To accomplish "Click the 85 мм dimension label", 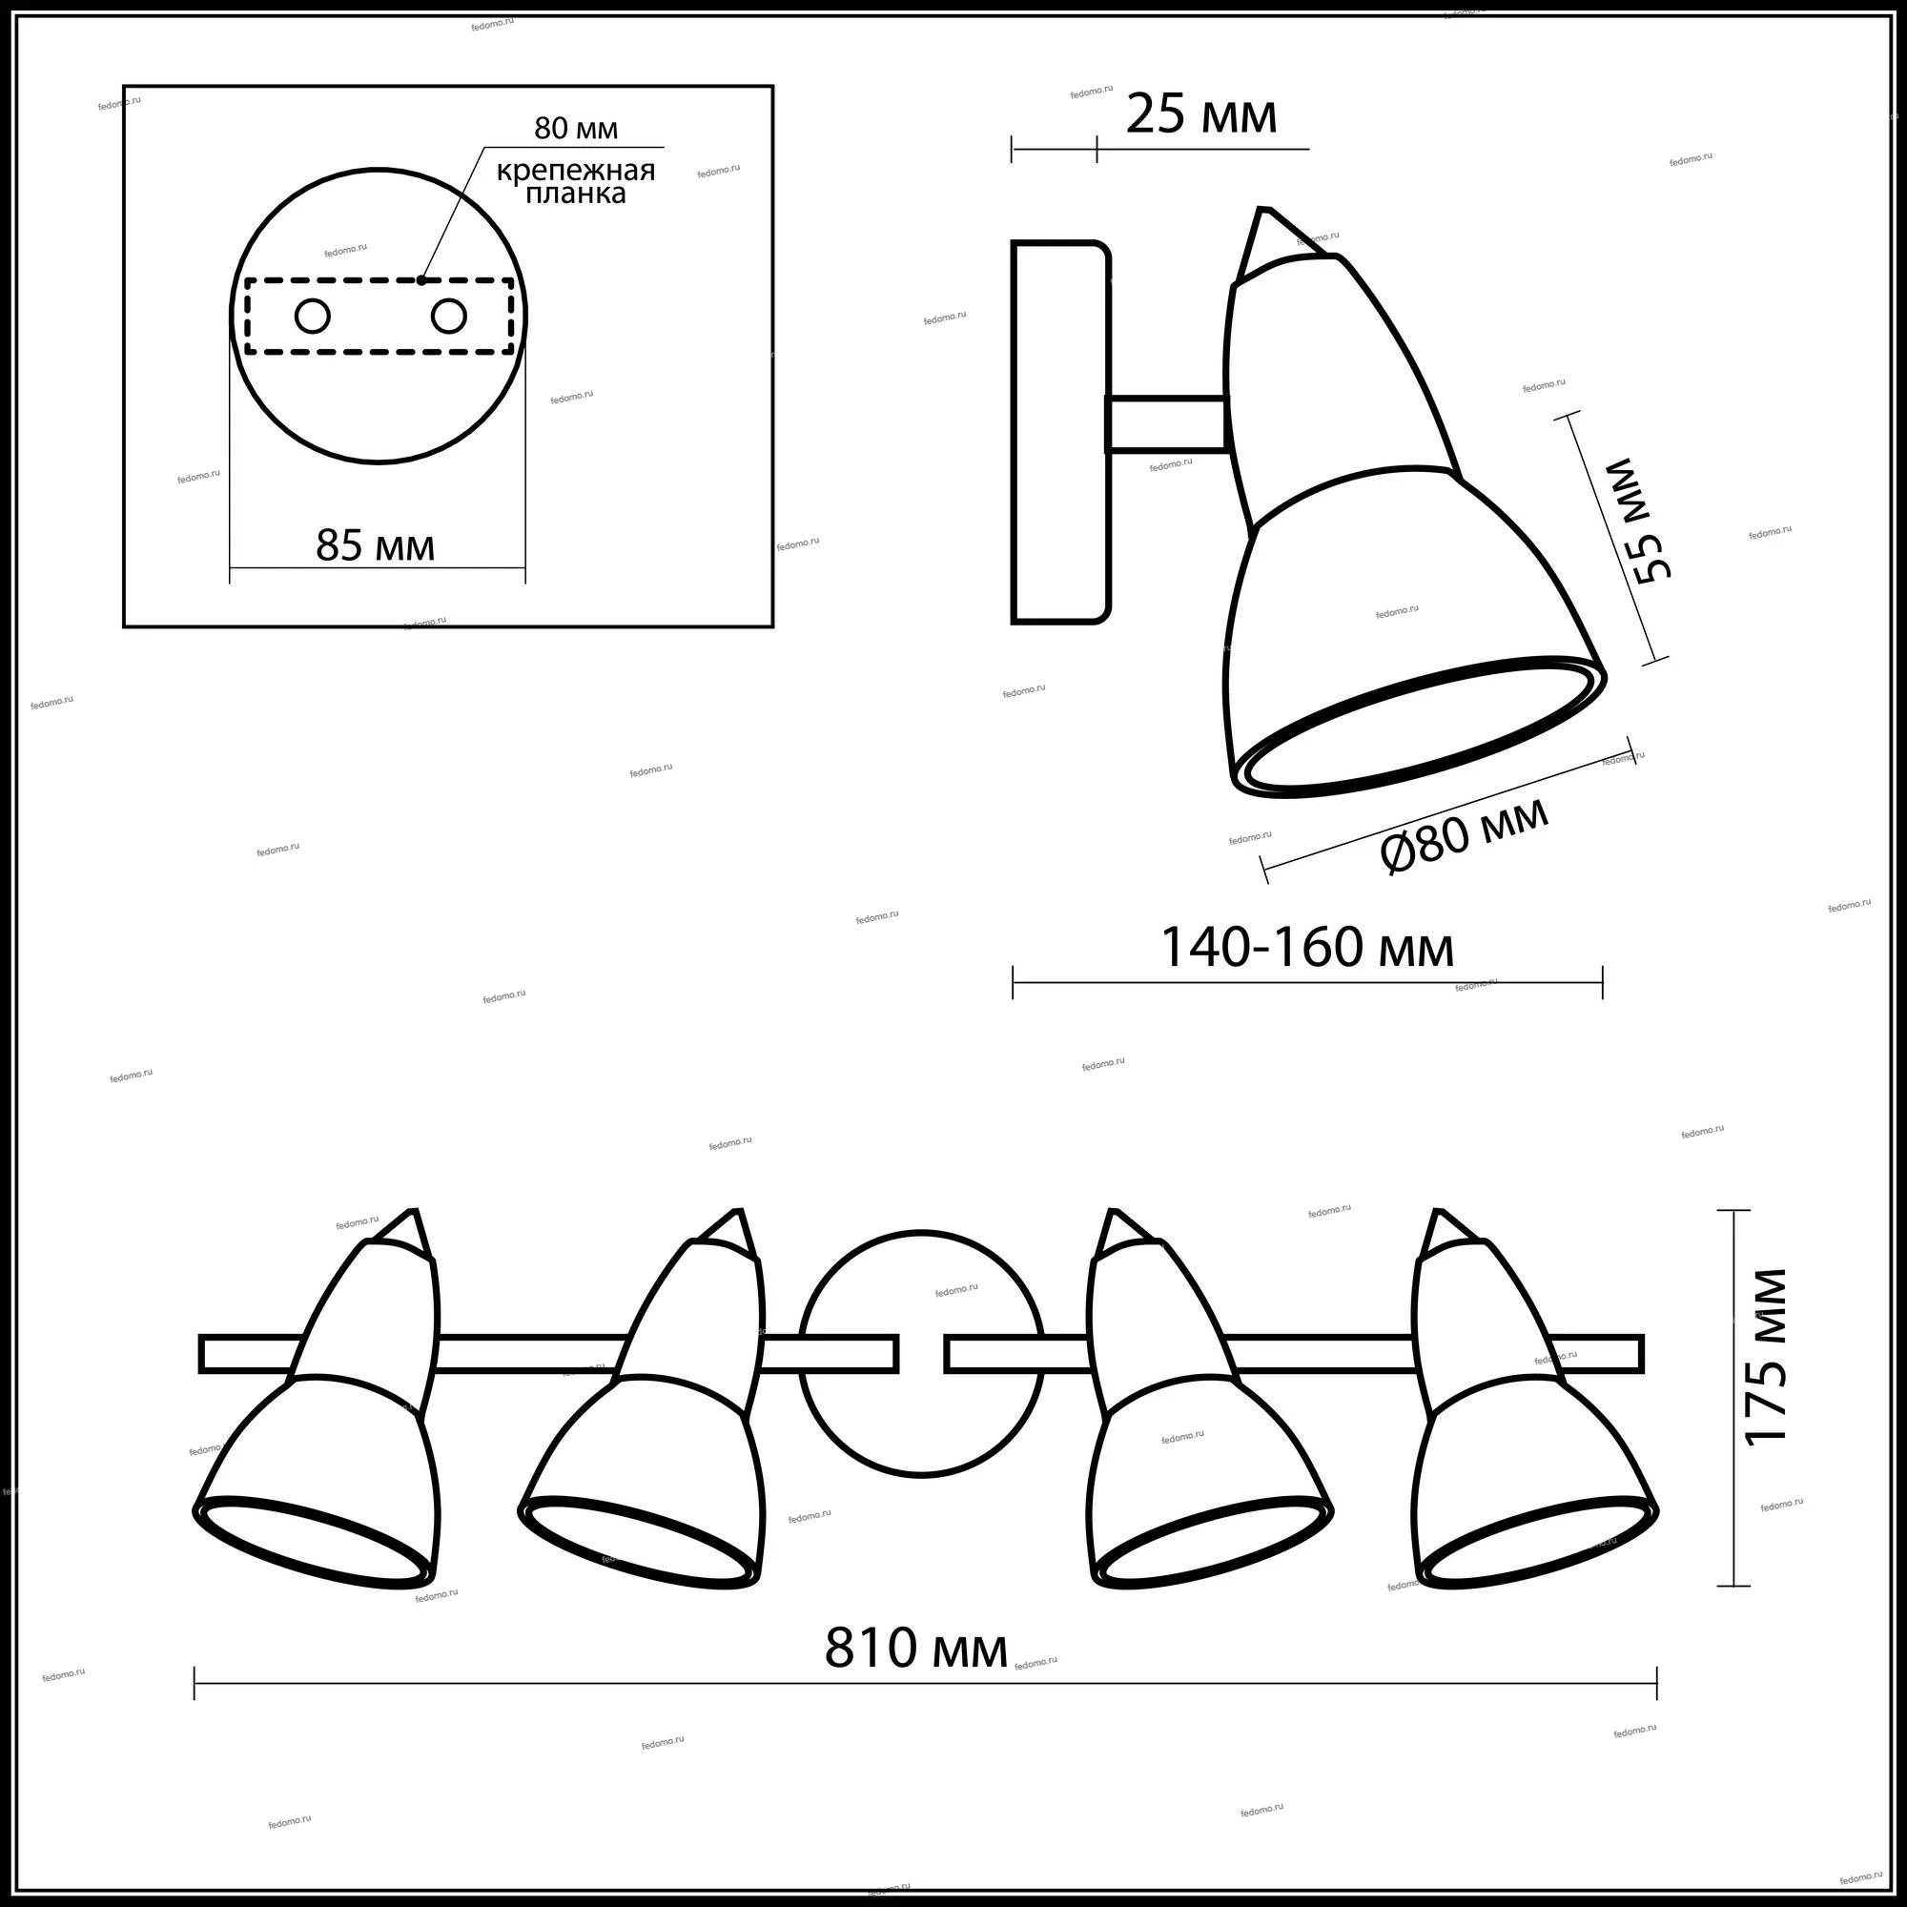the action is click(375, 544).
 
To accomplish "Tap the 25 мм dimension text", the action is click(1201, 115).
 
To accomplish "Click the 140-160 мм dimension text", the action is click(1307, 948).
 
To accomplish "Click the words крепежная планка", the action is click(576, 181).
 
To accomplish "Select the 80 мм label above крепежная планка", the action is click(577, 129).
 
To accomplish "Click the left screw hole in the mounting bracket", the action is click(313, 317).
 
